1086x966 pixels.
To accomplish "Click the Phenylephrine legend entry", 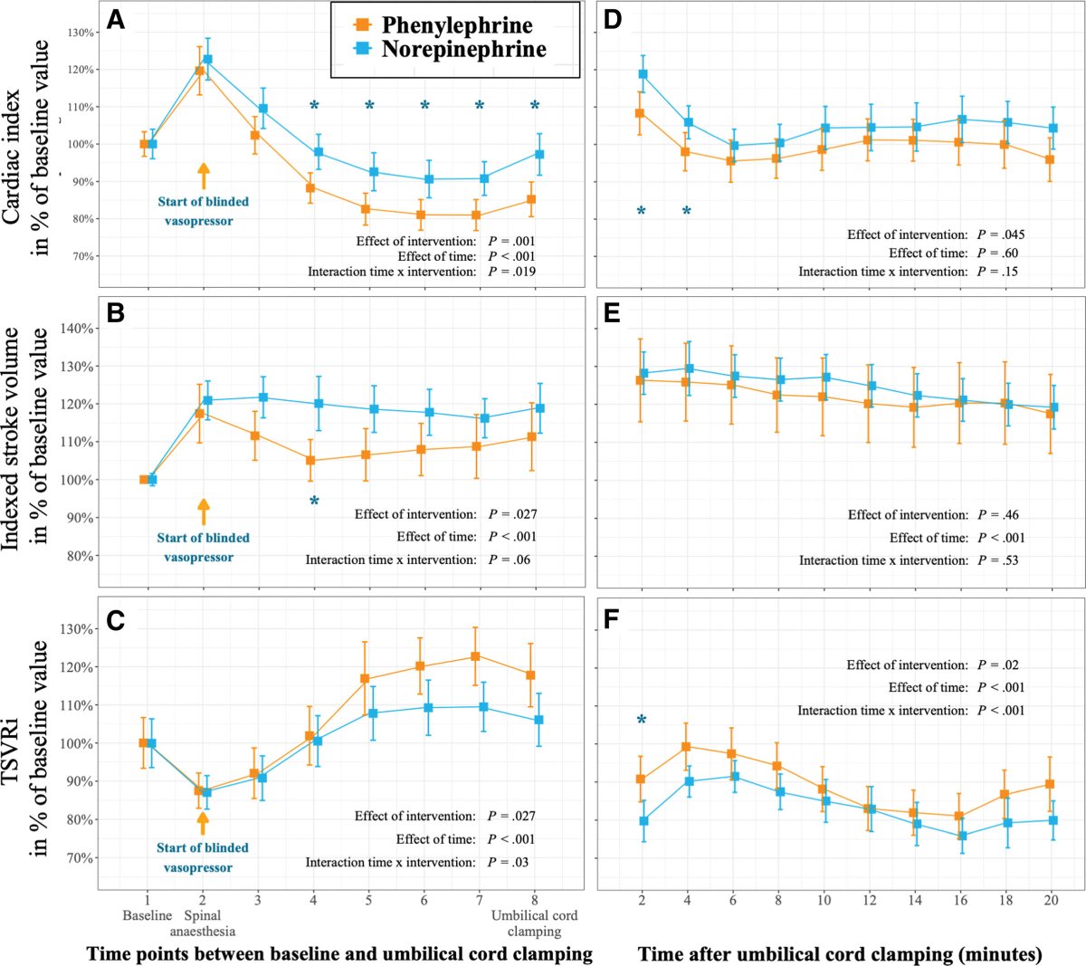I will coord(444,25).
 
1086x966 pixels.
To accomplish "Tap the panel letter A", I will coord(115,20).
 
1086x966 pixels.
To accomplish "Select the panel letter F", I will coord(612,622).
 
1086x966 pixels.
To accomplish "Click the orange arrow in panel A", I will coord(204,176).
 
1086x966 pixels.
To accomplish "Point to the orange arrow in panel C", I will coord(203,822).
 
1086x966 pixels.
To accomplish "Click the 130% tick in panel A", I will coord(81,33).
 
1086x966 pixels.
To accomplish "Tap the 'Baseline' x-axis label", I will coord(147,915).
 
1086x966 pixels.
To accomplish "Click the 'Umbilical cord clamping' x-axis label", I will coord(534,923).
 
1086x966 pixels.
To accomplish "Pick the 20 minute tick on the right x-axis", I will coord(1051,900).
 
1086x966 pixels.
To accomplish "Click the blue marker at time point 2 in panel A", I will coord(207,60).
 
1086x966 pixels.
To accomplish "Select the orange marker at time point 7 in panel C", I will coord(477,656).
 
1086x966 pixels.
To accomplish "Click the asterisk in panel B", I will coord(314,501).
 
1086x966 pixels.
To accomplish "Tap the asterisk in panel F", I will coord(642,721).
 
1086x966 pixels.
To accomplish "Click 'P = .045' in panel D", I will coord(1001,234).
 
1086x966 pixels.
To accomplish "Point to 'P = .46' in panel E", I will coord(998,514).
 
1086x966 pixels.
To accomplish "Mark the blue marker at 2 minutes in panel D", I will coord(643,74).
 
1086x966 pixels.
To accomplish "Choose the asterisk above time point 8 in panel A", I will coord(535,106).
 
